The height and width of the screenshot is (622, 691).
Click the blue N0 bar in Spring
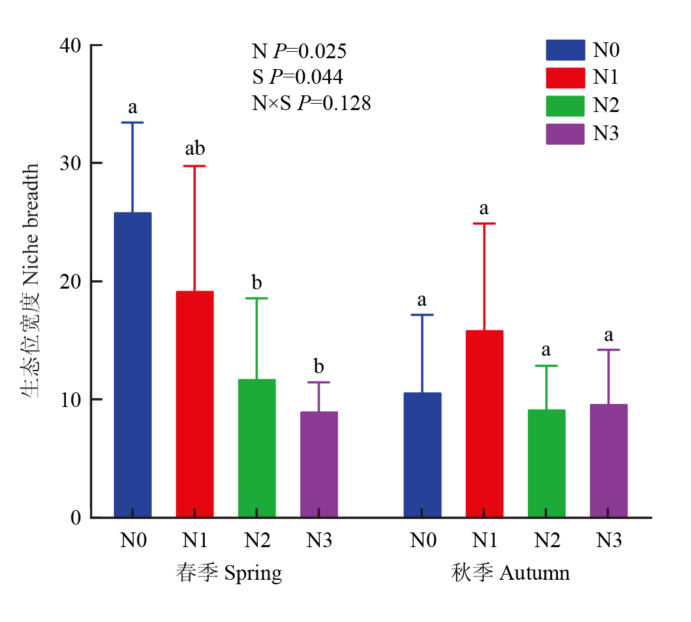pyautogui.click(x=132, y=365)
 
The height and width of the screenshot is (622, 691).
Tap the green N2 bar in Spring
pyautogui.click(x=257, y=448)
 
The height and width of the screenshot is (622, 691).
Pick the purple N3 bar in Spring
pyautogui.click(x=319, y=464)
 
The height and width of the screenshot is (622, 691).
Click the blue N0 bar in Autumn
pyautogui.click(x=422, y=454)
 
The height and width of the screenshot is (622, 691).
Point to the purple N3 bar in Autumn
pyautogui.click(x=608, y=461)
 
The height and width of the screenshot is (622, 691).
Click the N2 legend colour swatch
pyautogui.click(x=565, y=106)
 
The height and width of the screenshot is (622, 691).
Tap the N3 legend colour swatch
pyautogui.click(x=565, y=134)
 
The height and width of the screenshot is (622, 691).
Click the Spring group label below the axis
pyautogui.click(x=228, y=573)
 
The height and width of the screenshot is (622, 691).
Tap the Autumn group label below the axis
pyautogui.click(x=510, y=573)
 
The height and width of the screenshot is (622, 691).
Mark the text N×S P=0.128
pyautogui.click(x=311, y=103)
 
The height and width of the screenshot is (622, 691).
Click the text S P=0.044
pyautogui.click(x=297, y=77)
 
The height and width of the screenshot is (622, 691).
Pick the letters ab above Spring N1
pyautogui.click(x=195, y=149)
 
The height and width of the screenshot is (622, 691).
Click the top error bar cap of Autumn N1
pyautogui.click(x=484, y=223)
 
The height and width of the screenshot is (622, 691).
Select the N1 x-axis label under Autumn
pyautogui.click(x=484, y=541)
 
